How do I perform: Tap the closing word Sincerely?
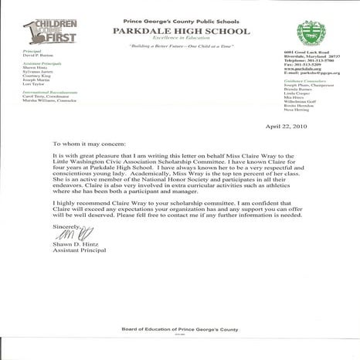pyautogui.click(x=66, y=226)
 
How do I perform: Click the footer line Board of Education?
pyautogui.click(x=179, y=330)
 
